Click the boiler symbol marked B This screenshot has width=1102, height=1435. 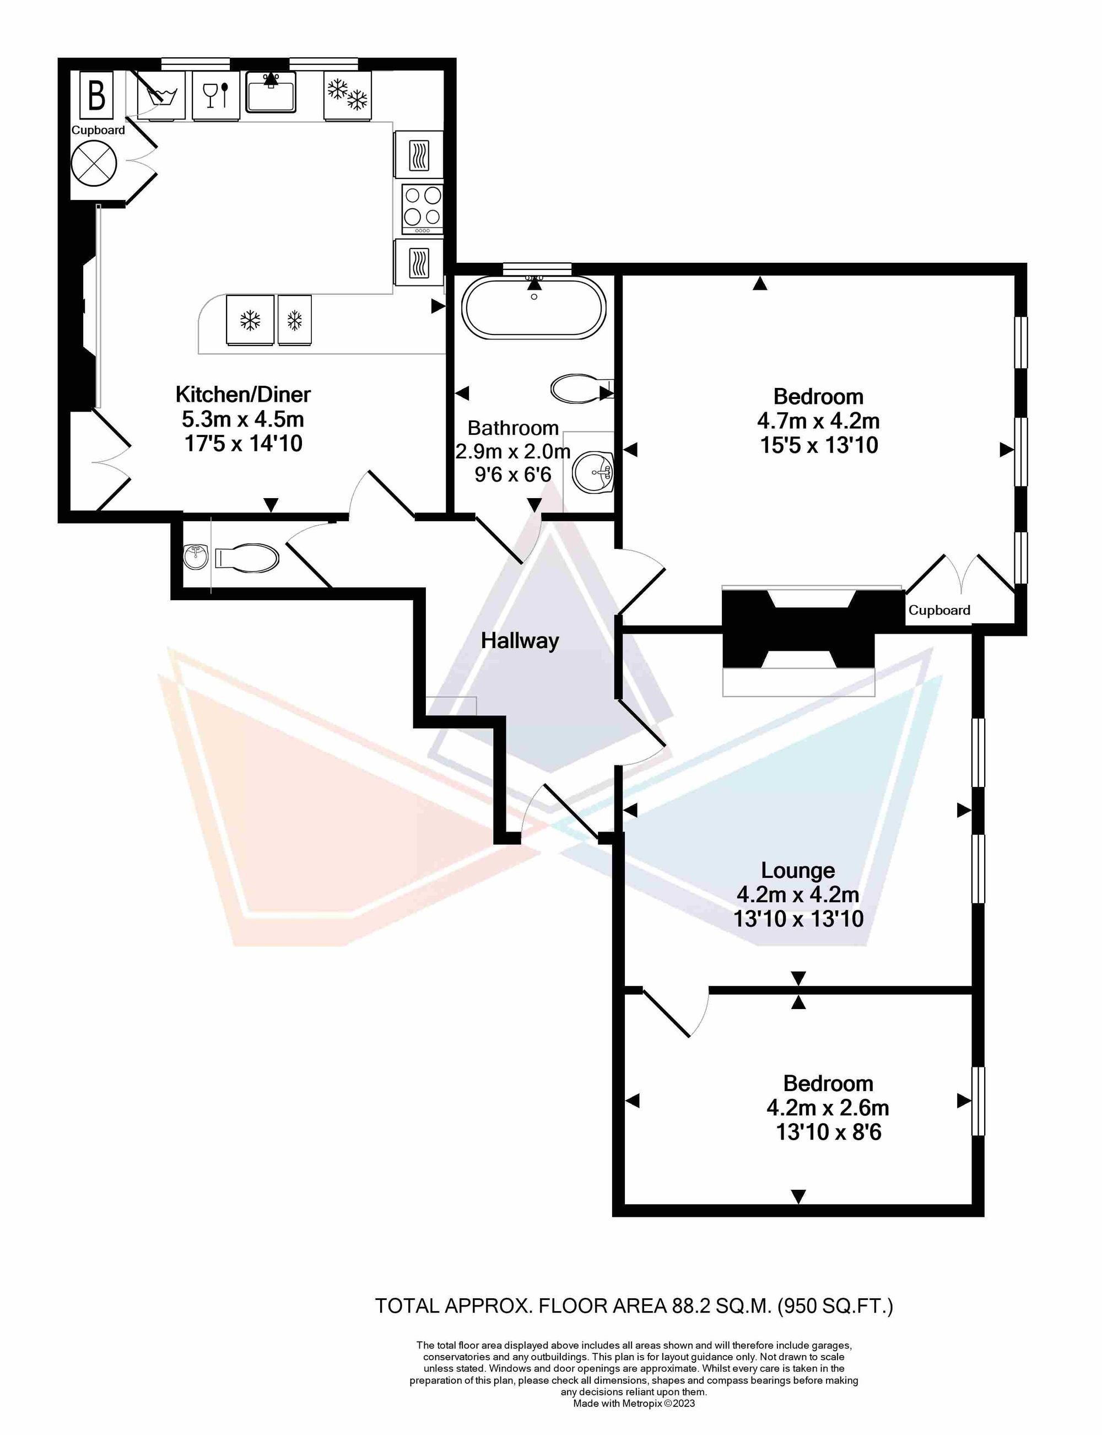pyautogui.click(x=96, y=94)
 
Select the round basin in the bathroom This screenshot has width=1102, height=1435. pyautogui.click(x=593, y=472)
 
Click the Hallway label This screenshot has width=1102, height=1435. pyautogui.click(x=520, y=641)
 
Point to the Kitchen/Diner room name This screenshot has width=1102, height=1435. pyautogui.click(x=242, y=394)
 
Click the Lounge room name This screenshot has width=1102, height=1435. pyautogui.click(x=798, y=870)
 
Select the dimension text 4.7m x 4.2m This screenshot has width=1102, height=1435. pyautogui.click(x=819, y=421)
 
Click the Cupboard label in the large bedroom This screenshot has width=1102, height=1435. pyautogui.click(x=939, y=611)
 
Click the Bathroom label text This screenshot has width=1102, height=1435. pyautogui.click(x=513, y=428)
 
